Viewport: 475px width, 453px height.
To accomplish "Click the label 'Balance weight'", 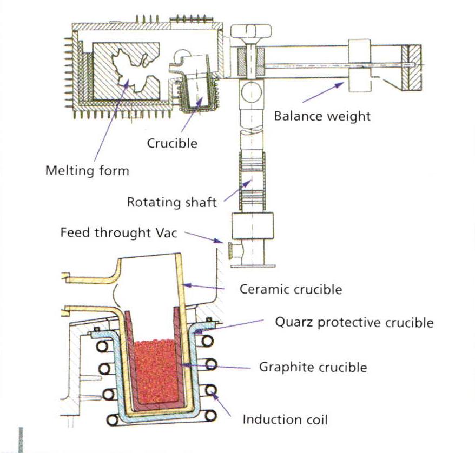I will (322, 116).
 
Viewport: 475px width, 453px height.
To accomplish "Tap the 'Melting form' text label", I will (87, 170).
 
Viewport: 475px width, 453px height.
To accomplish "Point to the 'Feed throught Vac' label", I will (118, 233).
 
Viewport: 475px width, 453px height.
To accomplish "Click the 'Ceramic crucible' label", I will (291, 289).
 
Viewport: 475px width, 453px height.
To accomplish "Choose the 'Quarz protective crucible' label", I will (354, 323).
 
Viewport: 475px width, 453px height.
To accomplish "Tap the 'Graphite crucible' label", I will (313, 368).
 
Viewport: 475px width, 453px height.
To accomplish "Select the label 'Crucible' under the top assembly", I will (172, 143).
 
